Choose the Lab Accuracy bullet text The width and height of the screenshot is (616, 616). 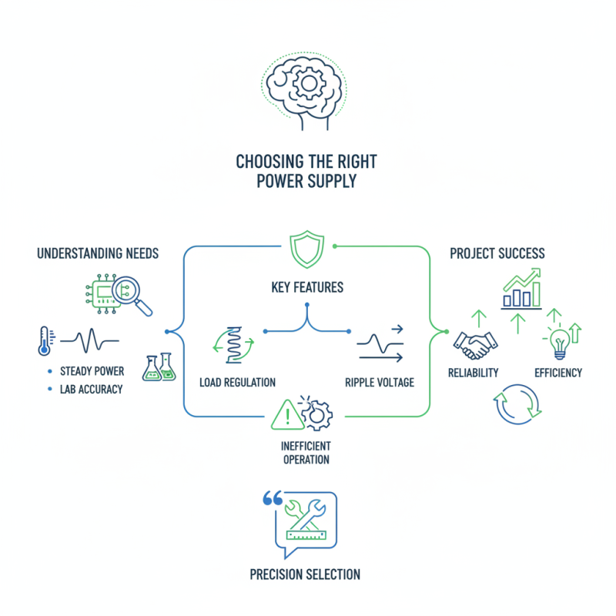[x=91, y=390]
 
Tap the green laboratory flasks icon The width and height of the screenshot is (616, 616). [x=158, y=367]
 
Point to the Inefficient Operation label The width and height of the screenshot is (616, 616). [x=306, y=453]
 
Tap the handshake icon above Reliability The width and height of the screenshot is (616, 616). [x=473, y=345]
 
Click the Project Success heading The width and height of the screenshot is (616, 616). [x=497, y=253]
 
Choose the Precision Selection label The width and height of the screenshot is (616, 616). [x=305, y=574]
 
